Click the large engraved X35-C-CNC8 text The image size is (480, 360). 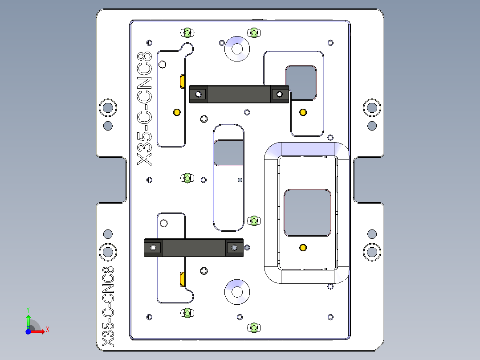click(145, 108)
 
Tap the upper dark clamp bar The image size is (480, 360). click(239, 94)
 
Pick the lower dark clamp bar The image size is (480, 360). click(194, 248)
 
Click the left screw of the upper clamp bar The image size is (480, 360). click(198, 94)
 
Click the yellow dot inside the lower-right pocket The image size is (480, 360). click(303, 247)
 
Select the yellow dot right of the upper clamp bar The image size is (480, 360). click(303, 111)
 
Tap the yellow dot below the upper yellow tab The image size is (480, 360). click(176, 112)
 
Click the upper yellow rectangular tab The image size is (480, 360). click(183, 82)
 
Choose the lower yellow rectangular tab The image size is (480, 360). click(183, 279)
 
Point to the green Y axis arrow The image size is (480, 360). click(28, 320)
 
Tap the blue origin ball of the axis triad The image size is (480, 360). click(28, 331)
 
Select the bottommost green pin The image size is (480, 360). click(254, 328)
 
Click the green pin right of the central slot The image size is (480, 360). click(254, 220)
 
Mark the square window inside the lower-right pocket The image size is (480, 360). click(308, 213)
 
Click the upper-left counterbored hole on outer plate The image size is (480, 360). click(108, 107)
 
